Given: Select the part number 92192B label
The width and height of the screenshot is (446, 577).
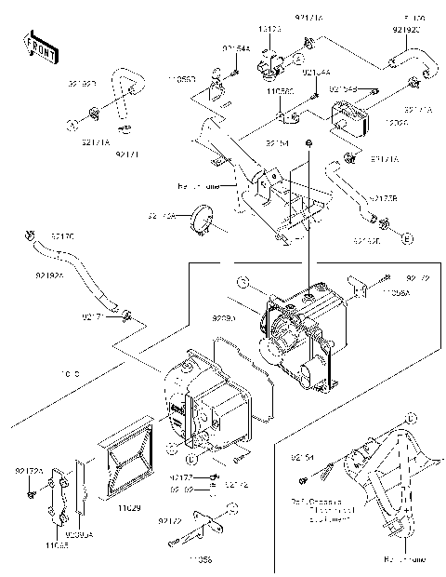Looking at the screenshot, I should click(x=81, y=83).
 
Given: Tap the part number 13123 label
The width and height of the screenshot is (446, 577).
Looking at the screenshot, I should click(x=269, y=29).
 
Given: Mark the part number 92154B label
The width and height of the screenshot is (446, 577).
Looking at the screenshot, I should click(x=343, y=88).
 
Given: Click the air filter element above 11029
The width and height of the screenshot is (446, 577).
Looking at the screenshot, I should click(x=128, y=463).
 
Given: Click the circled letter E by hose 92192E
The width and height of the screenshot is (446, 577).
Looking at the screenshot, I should click(x=406, y=239).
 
